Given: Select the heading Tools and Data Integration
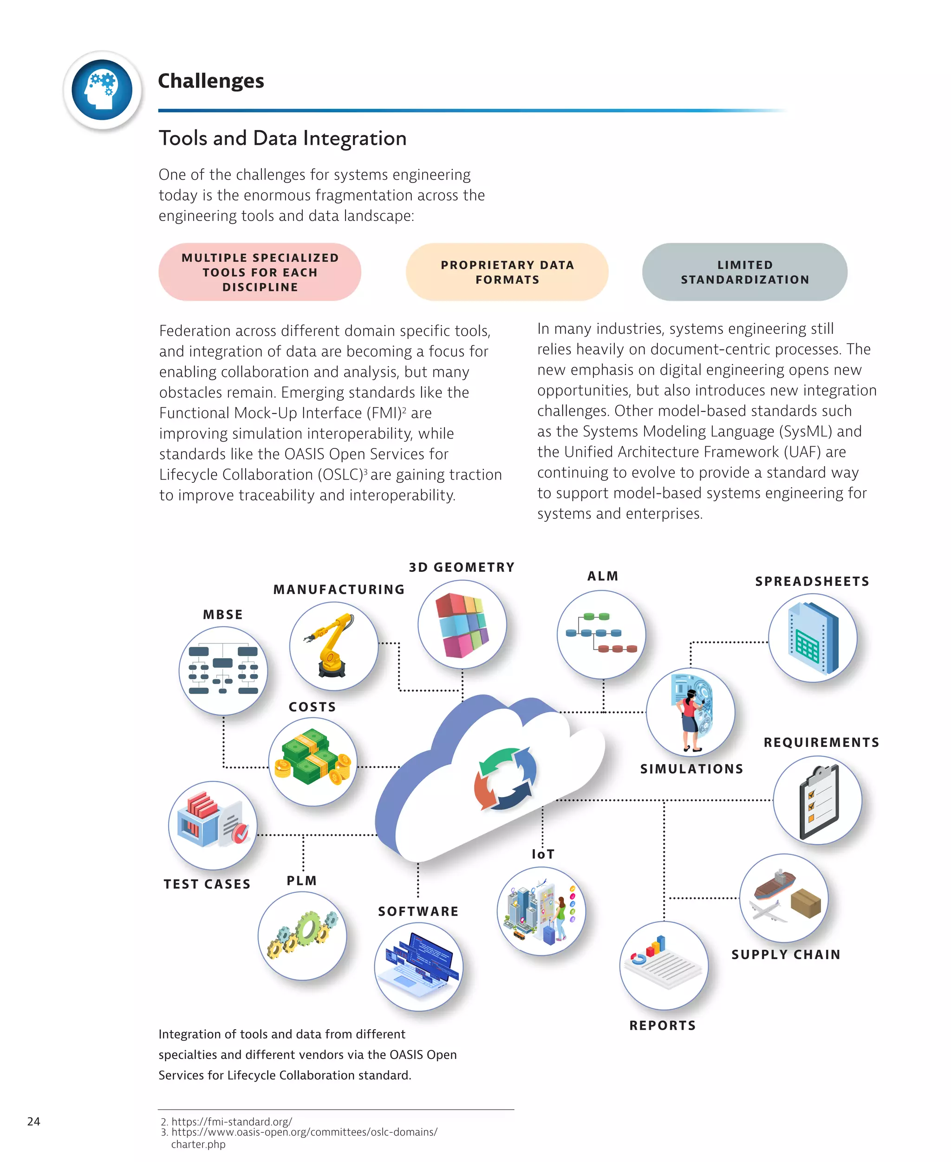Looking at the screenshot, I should pyautogui.click(x=282, y=138).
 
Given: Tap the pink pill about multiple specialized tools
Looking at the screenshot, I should pyautogui.click(x=260, y=272).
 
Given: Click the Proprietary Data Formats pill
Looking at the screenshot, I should pyautogui.click(x=507, y=272).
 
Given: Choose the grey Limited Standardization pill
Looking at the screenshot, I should pyautogui.click(x=744, y=272).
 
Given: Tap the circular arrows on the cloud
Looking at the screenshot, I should pyautogui.click(x=505, y=778).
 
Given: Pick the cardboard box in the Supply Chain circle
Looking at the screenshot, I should pyautogui.click(x=806, y=903).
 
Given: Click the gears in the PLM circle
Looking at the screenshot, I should pyautogui.click(x=302, y=934).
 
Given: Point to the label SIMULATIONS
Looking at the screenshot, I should pyautogui.click(x=691, y=769).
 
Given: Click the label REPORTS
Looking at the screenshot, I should pyautogui.click(x=662, y=1025).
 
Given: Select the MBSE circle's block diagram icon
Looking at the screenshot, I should pyautogui.click(x=223, y=670).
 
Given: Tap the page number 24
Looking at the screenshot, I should pyautogui.click(x=33, y=1121).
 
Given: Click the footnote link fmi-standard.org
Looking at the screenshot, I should pyautogui.click(x=231, y=1122).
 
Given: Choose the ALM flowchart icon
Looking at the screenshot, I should pyautogui.click(x=601, y=633).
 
